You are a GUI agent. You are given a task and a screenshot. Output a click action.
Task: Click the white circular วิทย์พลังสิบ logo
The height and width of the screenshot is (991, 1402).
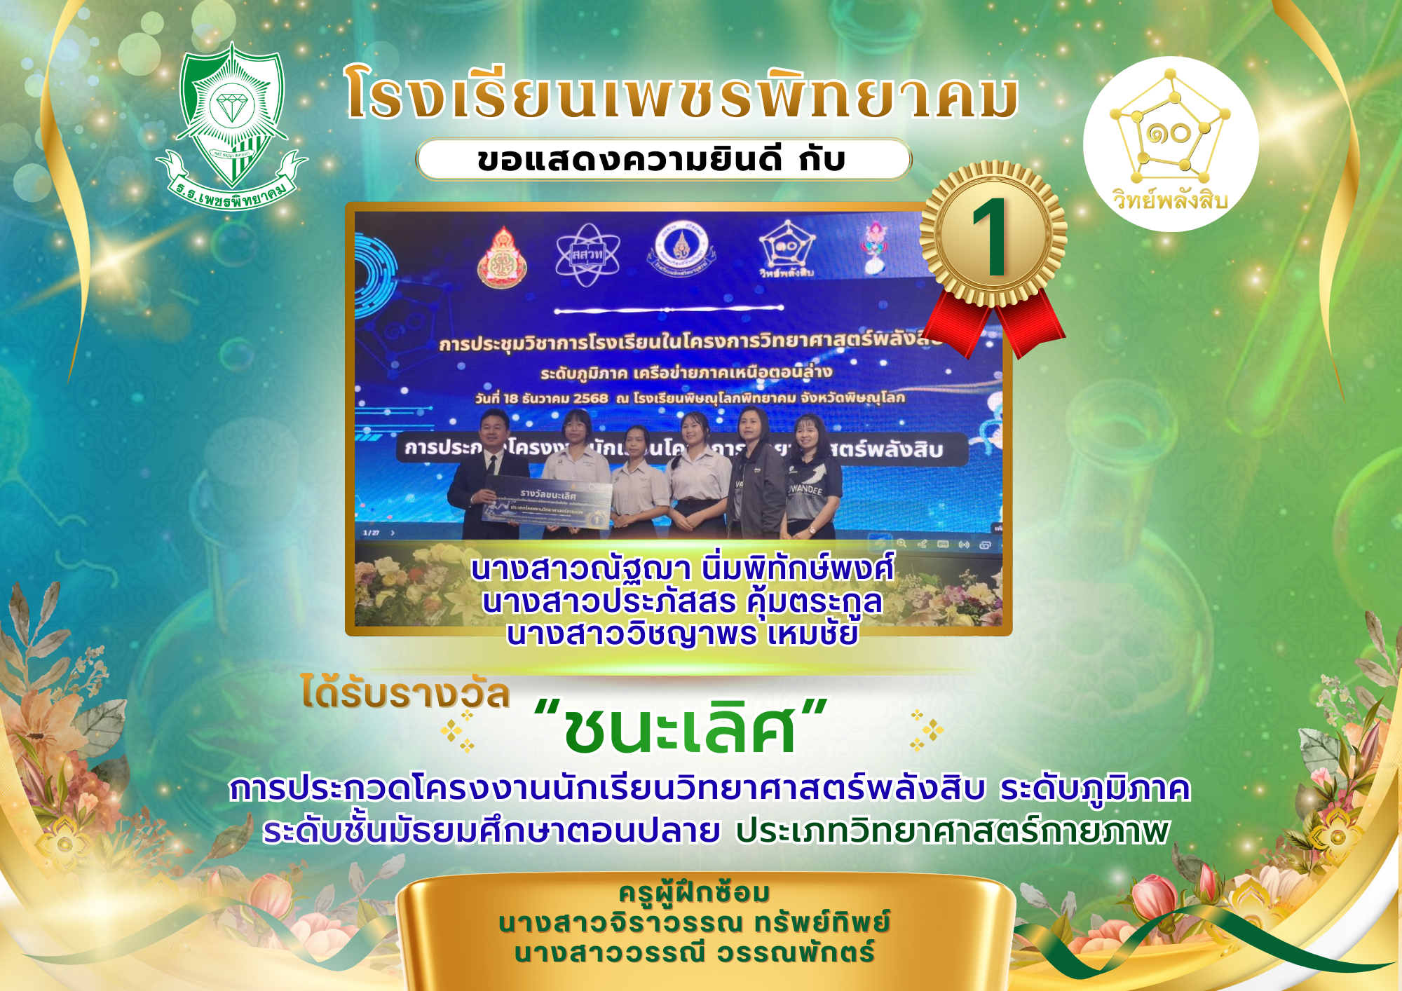(1171, 144)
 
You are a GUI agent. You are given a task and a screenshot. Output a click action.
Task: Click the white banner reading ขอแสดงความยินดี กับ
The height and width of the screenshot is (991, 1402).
(662, 160)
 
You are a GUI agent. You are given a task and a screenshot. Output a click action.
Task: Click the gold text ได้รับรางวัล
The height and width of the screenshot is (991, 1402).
(405, 694)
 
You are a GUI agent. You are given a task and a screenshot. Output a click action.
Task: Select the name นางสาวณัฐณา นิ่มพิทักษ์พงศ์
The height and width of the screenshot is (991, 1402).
(682, 568)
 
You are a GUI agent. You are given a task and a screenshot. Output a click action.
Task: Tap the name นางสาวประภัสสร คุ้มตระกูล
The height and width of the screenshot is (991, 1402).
(682, 601)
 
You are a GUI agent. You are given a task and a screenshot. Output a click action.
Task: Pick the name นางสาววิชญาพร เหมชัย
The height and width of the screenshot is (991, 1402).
(682, 634)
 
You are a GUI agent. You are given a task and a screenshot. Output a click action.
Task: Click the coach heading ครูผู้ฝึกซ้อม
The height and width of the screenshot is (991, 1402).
(694, 893)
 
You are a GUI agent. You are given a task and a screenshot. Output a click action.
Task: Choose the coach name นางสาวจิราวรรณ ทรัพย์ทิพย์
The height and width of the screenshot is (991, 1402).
(694, 923)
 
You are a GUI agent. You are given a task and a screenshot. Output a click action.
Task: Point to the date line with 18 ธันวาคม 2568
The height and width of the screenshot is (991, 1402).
(690, 398)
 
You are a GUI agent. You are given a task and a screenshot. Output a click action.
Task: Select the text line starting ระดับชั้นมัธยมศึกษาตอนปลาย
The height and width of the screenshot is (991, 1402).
(715, 831)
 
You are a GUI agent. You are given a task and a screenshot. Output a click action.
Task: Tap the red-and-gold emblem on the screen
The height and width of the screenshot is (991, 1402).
(502, 258)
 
